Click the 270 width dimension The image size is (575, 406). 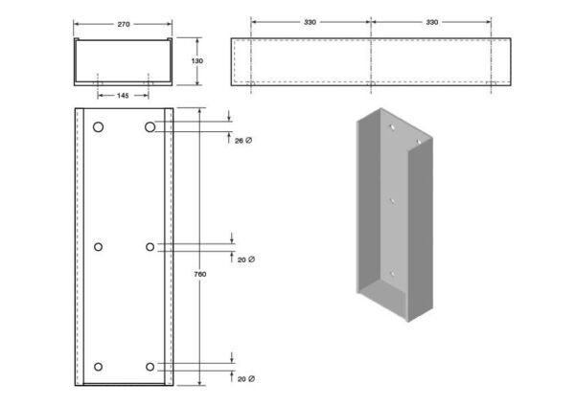tap(124, 24)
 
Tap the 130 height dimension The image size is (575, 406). tap(196, 61)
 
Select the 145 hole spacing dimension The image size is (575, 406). tap(123, 96)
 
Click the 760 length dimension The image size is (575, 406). tap(200, 274)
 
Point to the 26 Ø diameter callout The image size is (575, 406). tap(243, 141)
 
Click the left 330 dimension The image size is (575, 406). tap(310, 22)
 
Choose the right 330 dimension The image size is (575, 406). tap(432, 22)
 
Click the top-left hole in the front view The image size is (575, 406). tap(99, 127)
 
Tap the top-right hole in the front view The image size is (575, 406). tap(149, 127)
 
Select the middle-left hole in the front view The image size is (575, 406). tap(99, 247)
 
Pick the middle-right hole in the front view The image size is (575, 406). tap(150, 247)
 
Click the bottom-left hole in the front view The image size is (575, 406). tap(99, 367)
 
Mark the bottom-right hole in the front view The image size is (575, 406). tap(150, 367)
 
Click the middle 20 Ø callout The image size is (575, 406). tap(246, 259)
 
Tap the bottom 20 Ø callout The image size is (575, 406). tap(246, 379)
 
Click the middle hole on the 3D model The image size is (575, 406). tap(392, 201)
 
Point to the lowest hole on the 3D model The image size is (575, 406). tap(393, 274)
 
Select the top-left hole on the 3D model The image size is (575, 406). tap(392, 127)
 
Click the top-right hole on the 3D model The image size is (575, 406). tap(419, 142)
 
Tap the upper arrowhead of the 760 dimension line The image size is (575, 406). tap(200, 111)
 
